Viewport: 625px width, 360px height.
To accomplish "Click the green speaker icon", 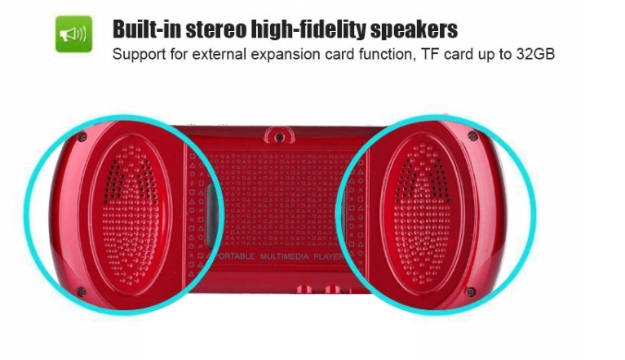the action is (73, 34).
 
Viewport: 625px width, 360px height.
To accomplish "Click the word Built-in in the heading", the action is (147, 29).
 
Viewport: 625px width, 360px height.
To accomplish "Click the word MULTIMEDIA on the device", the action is (284, 256).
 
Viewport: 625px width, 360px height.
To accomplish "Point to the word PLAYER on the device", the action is (327, 256).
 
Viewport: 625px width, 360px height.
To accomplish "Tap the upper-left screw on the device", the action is (82, 137).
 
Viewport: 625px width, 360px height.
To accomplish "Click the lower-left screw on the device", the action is (81, 292).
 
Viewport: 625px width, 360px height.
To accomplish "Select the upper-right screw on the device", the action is (472, 136).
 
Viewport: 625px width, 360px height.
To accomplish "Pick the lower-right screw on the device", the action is (471, 292).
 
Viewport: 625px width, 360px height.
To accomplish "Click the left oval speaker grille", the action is (130, 216).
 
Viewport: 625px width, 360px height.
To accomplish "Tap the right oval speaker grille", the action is (422, 216).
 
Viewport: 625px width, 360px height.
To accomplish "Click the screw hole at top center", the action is (280, 137).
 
